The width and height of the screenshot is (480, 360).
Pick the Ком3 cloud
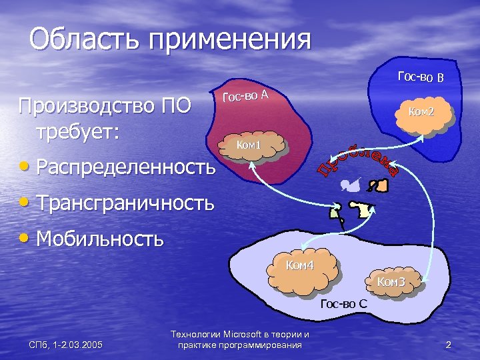(x=391, y=283)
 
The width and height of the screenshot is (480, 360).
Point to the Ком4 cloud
(x=301, y=269)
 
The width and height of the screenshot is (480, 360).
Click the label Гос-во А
(x=245, y=96)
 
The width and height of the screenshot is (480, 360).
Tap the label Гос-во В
(x=421, y=77)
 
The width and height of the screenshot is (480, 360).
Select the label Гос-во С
(x=343, y=305)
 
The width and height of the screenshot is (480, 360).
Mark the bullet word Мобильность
(x=101, y=238)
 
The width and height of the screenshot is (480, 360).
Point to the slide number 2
(x=448, y=345)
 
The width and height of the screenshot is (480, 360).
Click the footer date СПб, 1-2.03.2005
(x=65, y=345)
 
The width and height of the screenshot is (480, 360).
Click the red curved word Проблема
(x=359, y=158)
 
